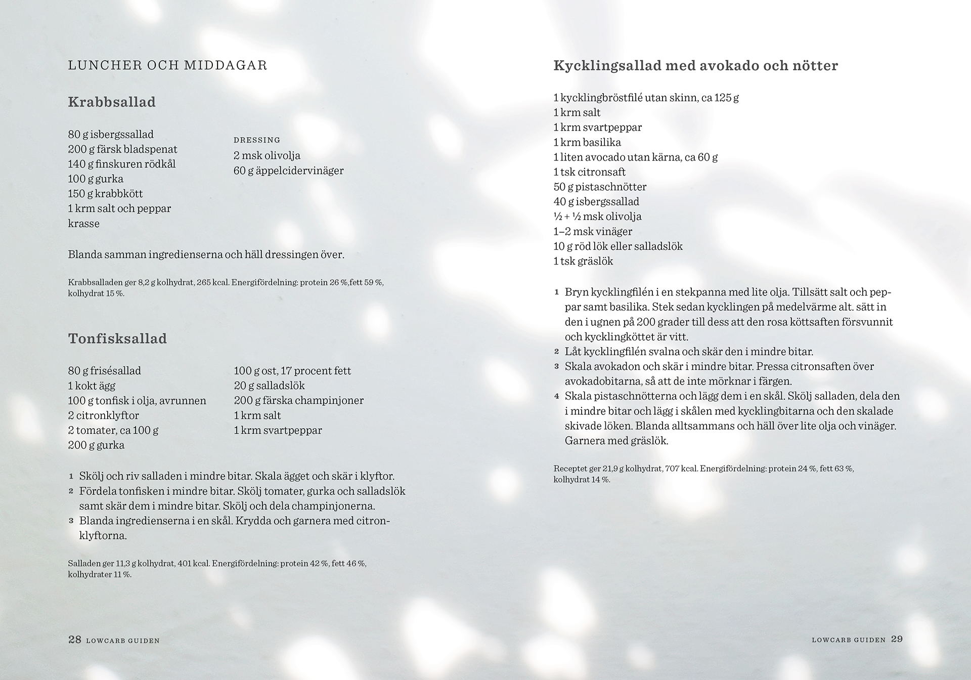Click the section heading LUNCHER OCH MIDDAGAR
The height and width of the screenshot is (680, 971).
point(167,65)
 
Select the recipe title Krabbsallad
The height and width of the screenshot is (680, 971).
point(112,102)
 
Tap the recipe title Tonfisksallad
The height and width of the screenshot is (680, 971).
point(117,338)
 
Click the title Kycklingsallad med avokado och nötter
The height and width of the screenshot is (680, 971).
point(695,65)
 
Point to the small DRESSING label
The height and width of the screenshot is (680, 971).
point(257,140)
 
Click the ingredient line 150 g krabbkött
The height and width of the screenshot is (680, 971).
point(105,193)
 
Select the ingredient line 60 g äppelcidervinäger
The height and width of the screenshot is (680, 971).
point(288,171)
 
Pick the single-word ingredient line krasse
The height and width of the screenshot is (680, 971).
point(83,223)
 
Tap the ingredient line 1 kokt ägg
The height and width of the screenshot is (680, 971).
point(92,386)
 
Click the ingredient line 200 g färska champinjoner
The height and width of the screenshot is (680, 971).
point(298,400)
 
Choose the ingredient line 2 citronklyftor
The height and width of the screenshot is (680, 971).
point(103,415)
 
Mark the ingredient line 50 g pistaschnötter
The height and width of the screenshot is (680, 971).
point(600,187)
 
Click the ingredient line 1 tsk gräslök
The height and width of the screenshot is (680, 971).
point(583,261)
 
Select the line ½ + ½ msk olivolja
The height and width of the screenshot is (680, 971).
point(597,217)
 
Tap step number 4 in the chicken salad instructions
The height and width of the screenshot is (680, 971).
point(556,396)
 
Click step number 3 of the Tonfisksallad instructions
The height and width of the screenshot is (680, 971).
point(71,521)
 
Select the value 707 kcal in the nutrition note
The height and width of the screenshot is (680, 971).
point(681,469)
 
